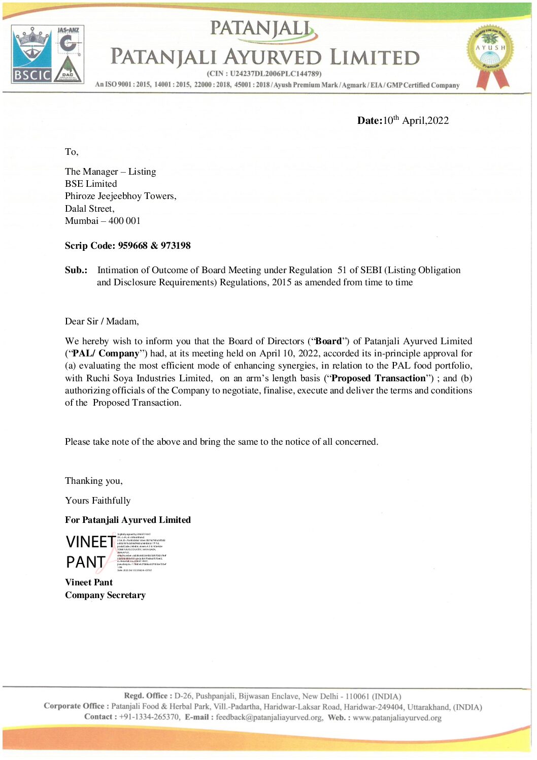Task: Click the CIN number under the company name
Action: point(275,74)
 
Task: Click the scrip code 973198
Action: point(176,246)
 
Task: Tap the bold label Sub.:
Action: point(76,270)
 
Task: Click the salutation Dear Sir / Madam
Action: point(102,321)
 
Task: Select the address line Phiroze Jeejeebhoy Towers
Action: point(120,196)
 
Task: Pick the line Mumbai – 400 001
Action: point(103,221)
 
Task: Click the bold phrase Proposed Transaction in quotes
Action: point(378,378)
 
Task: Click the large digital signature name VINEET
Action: point(90,542)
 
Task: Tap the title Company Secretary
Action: point(105,595)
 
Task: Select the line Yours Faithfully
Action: point(97,501)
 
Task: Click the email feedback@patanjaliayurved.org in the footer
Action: point(269,717)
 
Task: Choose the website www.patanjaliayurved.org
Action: point(397,717)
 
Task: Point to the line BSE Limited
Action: point(91,184)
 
